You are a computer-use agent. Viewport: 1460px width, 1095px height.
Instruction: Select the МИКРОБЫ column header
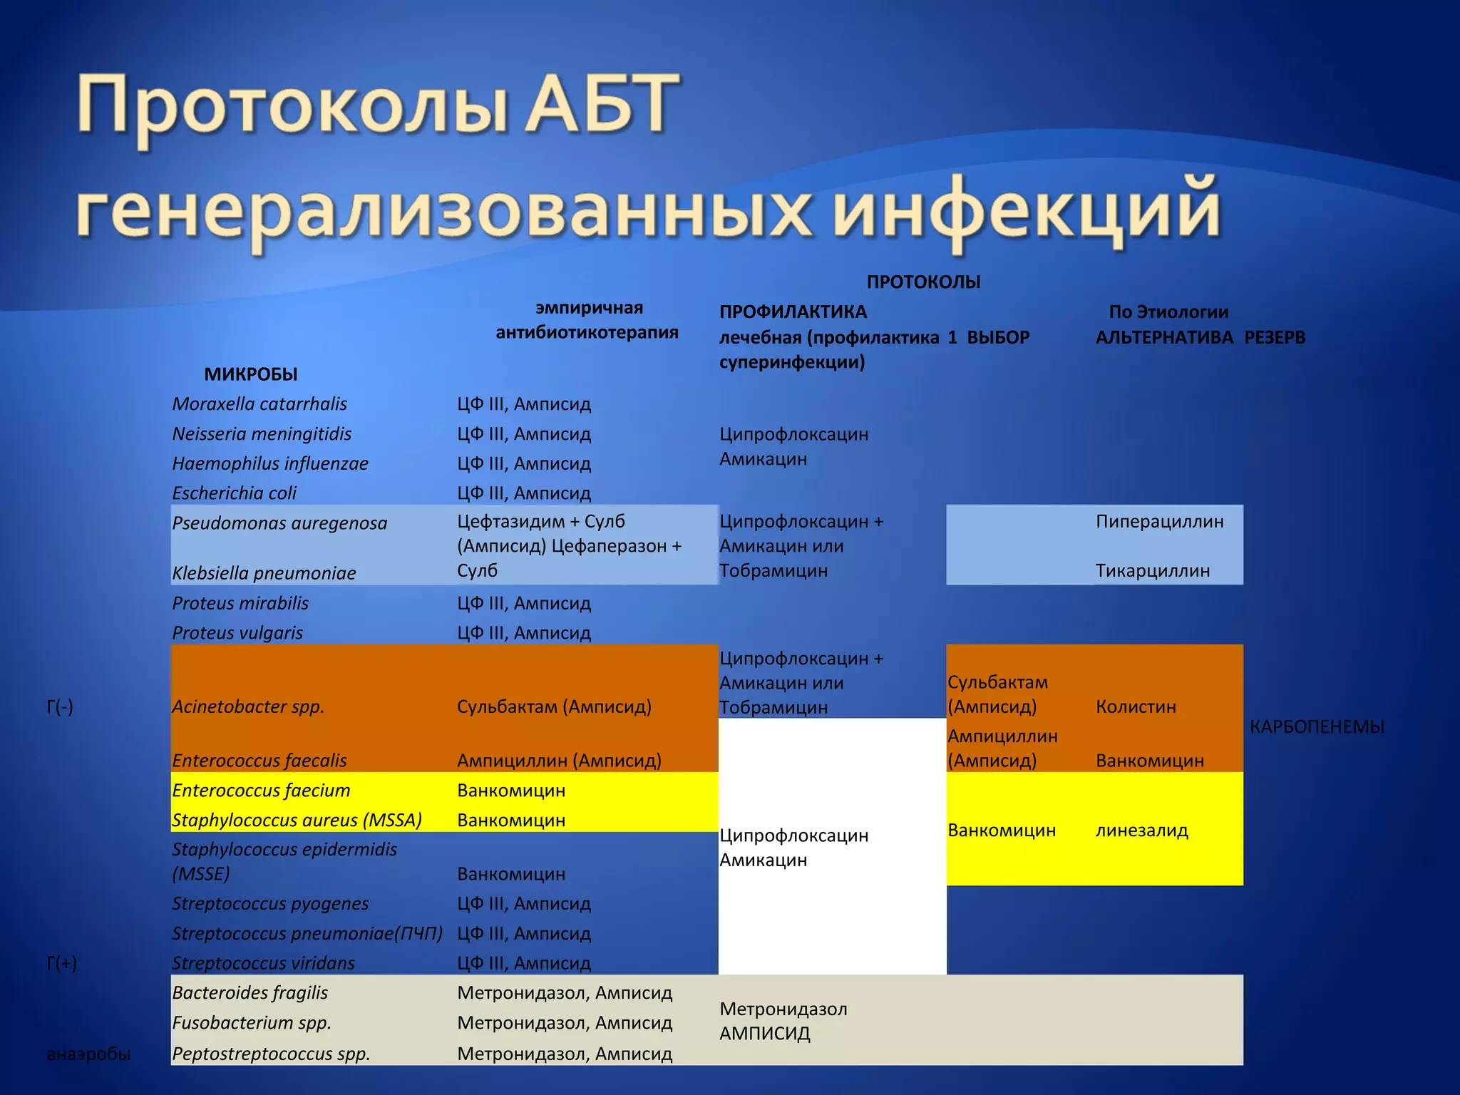(x=251, y=374)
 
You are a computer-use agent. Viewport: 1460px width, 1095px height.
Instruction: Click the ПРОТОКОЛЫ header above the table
(x=923, y=282)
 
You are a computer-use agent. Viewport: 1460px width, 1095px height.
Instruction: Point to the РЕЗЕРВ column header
(x=1275, y=337)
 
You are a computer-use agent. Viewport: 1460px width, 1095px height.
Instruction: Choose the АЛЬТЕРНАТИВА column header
(x=1164, y=337)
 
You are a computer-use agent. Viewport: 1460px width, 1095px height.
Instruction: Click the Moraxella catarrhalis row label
(x=259, y=404)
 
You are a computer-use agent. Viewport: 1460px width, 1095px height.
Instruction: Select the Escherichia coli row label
(x=234, y=493)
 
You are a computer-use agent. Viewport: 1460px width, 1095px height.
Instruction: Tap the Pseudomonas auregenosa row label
(x=279, y=523)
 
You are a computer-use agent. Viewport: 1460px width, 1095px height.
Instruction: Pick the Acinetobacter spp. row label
(x=248, y=707)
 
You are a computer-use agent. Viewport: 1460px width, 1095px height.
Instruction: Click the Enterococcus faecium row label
(x=261, y=791)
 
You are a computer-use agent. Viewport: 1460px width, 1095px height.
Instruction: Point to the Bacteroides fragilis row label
(x=250, y=993)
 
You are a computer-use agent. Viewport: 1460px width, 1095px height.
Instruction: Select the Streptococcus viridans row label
(x=263, y=963)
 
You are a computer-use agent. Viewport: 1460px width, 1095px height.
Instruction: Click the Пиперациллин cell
(x=1159, y=522)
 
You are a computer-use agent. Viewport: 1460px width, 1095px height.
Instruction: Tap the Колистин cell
(x=1136, y=707)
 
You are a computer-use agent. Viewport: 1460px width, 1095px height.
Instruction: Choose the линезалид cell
(x=1141, y=831)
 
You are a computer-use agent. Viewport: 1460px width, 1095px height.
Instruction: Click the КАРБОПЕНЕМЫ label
(x=1317, y=727)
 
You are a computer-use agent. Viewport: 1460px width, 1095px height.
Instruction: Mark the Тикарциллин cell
(x=1153, y=571)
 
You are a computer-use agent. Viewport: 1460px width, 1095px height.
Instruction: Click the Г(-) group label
(x=60, y=707)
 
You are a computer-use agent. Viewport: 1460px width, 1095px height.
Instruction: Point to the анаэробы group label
(x=88, y=1054)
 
